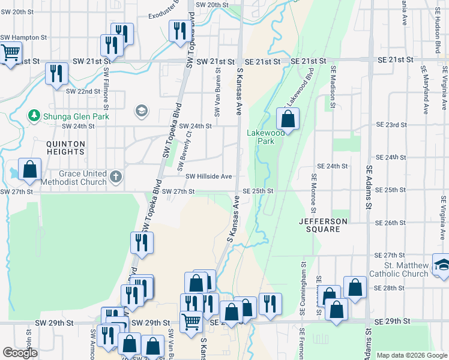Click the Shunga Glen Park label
pyautogui.click(x=76, y=116)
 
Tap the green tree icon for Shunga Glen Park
pyautogui.click(x=34, y=116)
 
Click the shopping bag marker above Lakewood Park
pyautogui.click(x=288, y=119)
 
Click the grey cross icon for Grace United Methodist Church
pyautogui.click(x=116, y=178)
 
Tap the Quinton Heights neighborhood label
pyautogui.click(x=66, y=149)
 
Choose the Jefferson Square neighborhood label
pyautogui.click(x=323, y=226)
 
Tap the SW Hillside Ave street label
pyautogui.click(x=208, y=176)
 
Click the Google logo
pyautogui.click(x=20, y=353)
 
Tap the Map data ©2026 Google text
pyautogui.click(x=411, y=355)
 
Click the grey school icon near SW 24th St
pyautogui.click(x=142, y=110)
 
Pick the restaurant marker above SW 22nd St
pyautogui.click(x=56, y=74)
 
